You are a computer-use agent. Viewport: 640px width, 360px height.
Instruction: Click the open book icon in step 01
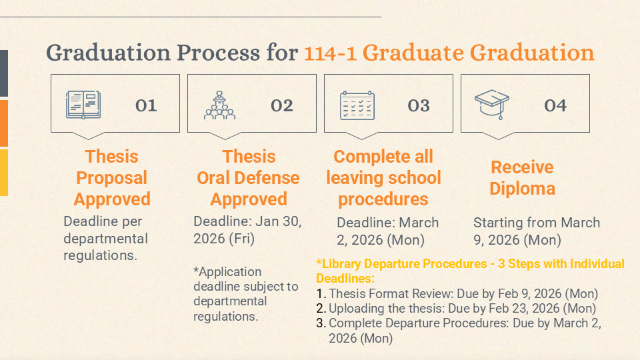tap(84, 105)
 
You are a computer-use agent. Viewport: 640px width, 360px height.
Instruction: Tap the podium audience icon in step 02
tap(219, 105)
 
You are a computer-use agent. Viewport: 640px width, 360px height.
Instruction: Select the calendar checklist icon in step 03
tap(357, 105)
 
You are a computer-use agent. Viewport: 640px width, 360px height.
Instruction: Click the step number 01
tap(146, 106)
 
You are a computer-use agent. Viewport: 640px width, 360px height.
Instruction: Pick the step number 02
tap(282, 106)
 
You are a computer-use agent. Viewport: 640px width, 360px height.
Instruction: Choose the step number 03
tap(419, 106)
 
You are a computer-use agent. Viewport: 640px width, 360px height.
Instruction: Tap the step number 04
tap(555, 106)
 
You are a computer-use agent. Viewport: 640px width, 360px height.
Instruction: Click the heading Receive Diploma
tap(522, 178)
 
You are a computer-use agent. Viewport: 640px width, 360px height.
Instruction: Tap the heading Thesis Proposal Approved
tap(112, 178)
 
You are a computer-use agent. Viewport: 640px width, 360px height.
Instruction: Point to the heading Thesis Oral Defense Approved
tap(248, 178)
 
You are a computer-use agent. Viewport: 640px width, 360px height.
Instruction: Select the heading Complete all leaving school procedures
tap(383, 178)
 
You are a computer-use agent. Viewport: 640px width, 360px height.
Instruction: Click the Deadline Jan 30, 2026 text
tap(247, 230)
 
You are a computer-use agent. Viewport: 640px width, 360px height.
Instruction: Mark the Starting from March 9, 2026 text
tap(536, 231)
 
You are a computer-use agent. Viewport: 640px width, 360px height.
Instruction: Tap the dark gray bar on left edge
tap(3, 73)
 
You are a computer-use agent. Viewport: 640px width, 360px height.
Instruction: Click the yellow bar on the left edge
tap(3, 172)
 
